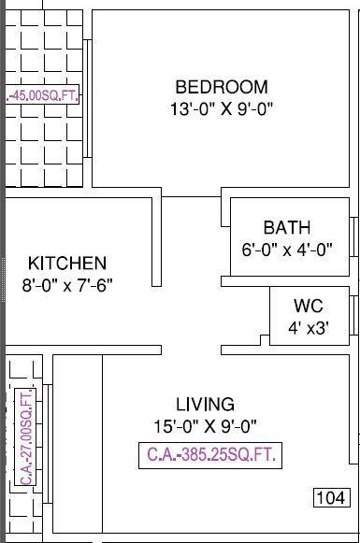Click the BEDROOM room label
tap(222, 87)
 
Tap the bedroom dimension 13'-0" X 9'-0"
tap(222, 108)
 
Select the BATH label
tap(287, 227)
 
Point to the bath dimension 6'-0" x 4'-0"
tap(287, 249)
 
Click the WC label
tap(309, 306)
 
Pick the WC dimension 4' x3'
tap(309, 327)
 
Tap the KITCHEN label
tap(66, 264)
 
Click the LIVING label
tap(205, 405)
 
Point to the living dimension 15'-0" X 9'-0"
tap(205, 426)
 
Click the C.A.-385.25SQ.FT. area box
tap(210, 456)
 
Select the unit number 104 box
tap(329, 497)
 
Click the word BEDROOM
tap(222, 87)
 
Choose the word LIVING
tap(205, 405)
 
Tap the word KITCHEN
tap(66, 264)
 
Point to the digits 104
tap(329, 497)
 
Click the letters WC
tap(309, 306)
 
